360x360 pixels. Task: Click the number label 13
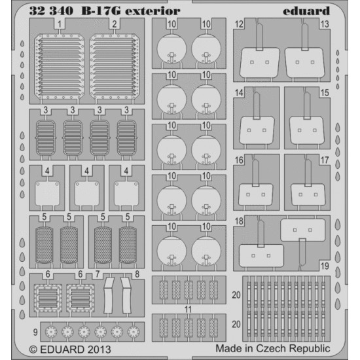324,25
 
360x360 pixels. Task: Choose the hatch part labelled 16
255,190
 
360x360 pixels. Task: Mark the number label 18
239,221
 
